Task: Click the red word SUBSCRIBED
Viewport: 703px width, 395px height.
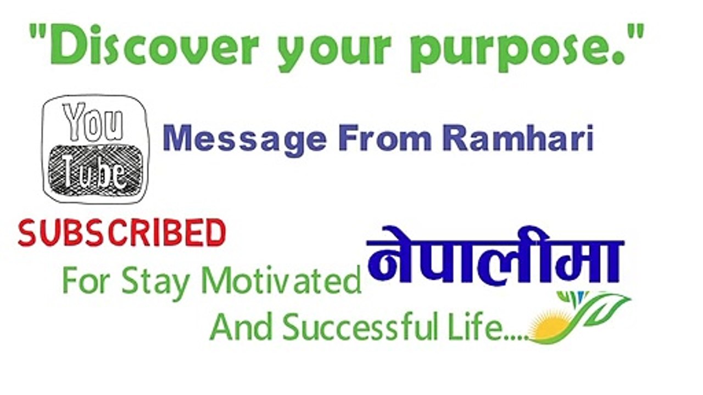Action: click(122, 233)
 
